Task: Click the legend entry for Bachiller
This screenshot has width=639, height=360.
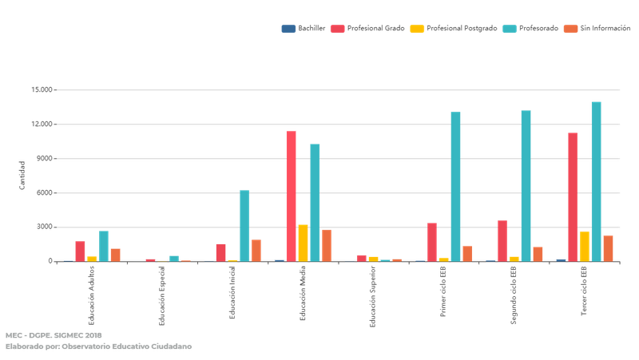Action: pyautogui.click(x=301, y=29)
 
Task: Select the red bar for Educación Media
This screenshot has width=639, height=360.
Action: pyautogui.click(x=292, y=196)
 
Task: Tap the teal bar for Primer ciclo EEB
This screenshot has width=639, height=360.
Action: pyautogui.click(x=455, y=186)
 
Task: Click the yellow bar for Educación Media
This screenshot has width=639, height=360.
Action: pyautogui.click(x=303, y=243)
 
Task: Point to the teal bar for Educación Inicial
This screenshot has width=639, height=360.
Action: pyautogui.click(x=244, y=225)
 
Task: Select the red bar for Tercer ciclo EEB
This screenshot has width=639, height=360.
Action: pyautogui.click(x=573, y=196)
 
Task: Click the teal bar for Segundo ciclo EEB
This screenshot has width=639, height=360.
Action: pyautogui.click(x=526, y=185)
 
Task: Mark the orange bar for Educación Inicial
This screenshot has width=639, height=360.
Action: pyautogui.click(x=256, y=250)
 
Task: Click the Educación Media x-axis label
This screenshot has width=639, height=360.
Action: pyautogui.click(x=303, y=295)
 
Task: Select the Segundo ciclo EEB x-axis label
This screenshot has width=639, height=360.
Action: pyautogui.click(x=514, y=296)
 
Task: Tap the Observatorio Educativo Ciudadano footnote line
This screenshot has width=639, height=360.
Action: pyautogui.click(x=99, y=346)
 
